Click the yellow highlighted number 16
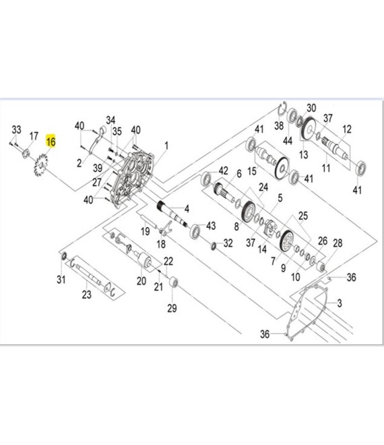click(51, 141)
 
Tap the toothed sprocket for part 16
click(40, 165)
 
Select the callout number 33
click(16, 129)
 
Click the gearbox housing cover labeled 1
click(132, 179)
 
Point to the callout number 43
click(211, 226)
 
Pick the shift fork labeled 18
click(165, 228)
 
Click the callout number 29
click(172, 308)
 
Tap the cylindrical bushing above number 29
click(174, 282)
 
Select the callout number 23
click(87, 295)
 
